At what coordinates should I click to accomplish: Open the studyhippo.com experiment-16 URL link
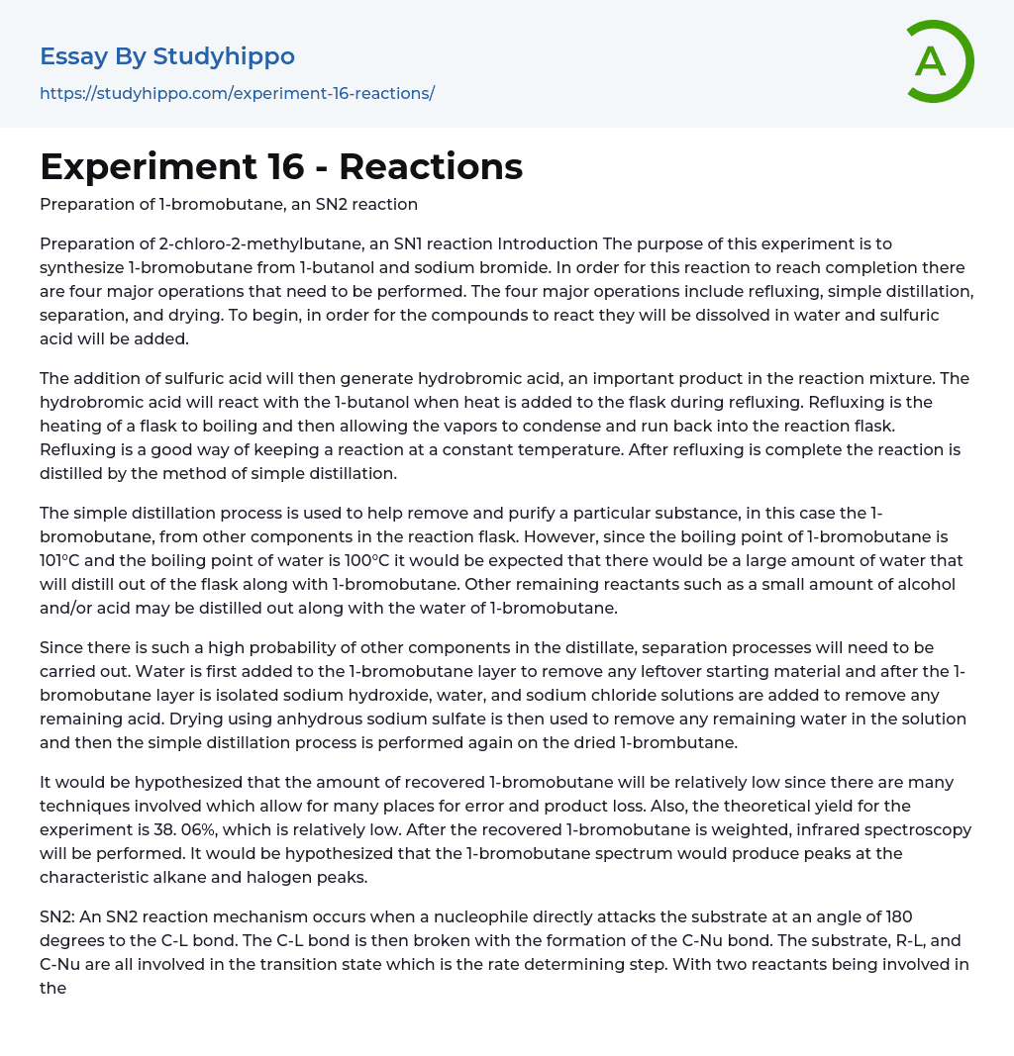point(237,93)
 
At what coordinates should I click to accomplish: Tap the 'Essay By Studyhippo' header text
point(167,56)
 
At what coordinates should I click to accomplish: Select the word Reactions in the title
point(431,167)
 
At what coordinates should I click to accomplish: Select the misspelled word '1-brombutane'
point(666,742)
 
